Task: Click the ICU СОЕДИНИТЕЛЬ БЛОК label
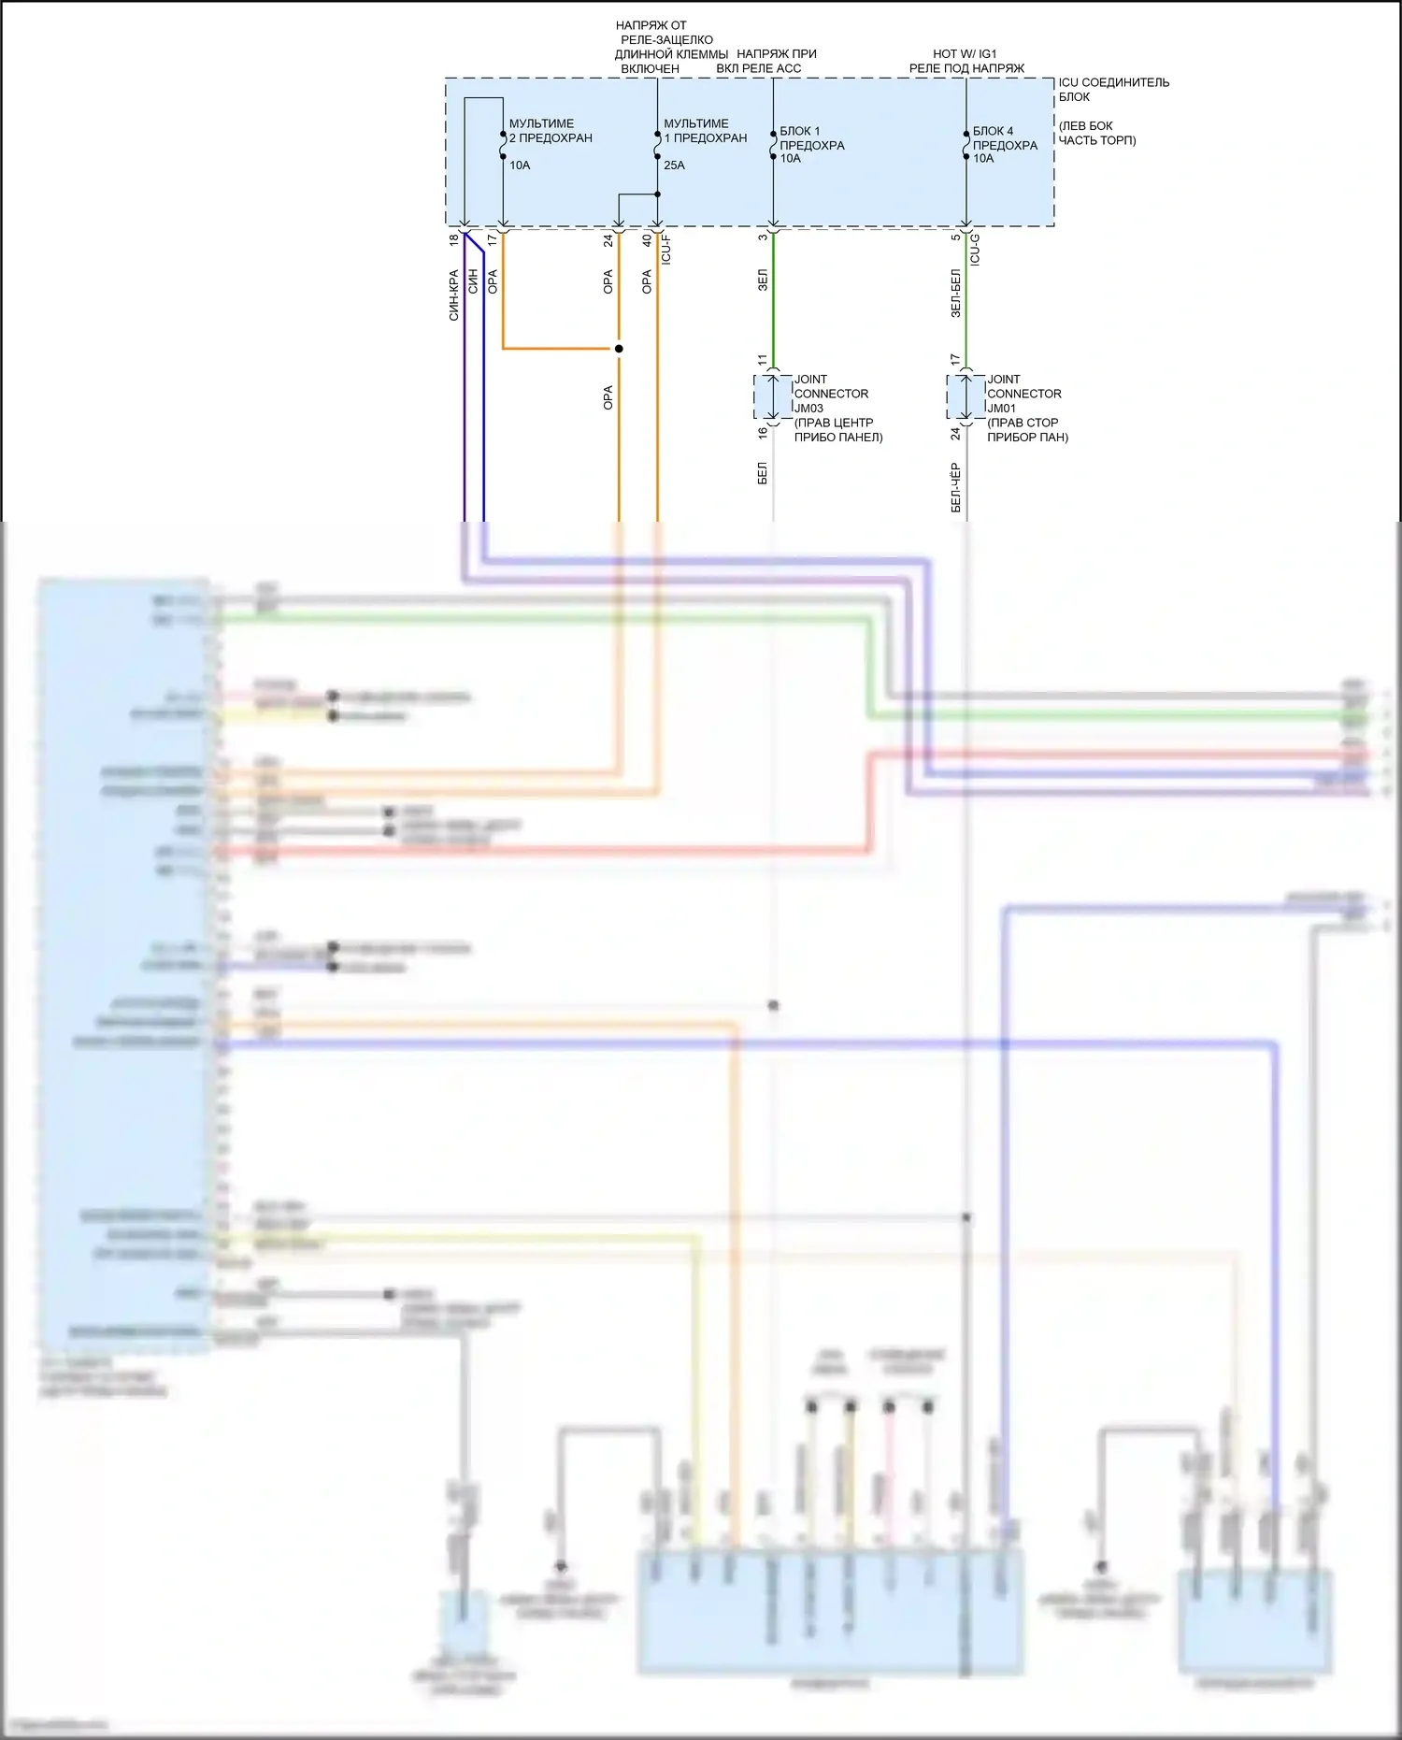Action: point(1112,90)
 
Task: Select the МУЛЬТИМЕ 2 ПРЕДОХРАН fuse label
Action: point(550,131)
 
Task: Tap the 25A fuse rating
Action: point(674,165)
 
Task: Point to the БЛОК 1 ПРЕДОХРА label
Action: point(811,138)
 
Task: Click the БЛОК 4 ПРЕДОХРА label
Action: point(1005,138)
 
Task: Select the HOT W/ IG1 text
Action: point(965,54)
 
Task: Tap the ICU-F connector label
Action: point(666,249)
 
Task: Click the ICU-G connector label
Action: point(975,250)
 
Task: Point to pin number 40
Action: point(647,240)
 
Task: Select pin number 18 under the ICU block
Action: point(454,240)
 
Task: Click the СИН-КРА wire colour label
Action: point(454,295)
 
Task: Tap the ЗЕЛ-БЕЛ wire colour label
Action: point(955,294)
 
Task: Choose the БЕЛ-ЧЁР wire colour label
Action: point(955,487)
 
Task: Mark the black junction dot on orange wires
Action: point(619,349)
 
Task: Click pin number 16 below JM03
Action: point(763,433)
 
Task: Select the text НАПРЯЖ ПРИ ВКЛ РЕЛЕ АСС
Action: point(766,61)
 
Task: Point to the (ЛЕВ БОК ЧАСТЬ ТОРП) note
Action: point(1096,133)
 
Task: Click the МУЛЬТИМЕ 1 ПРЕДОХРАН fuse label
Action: point(705,131)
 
